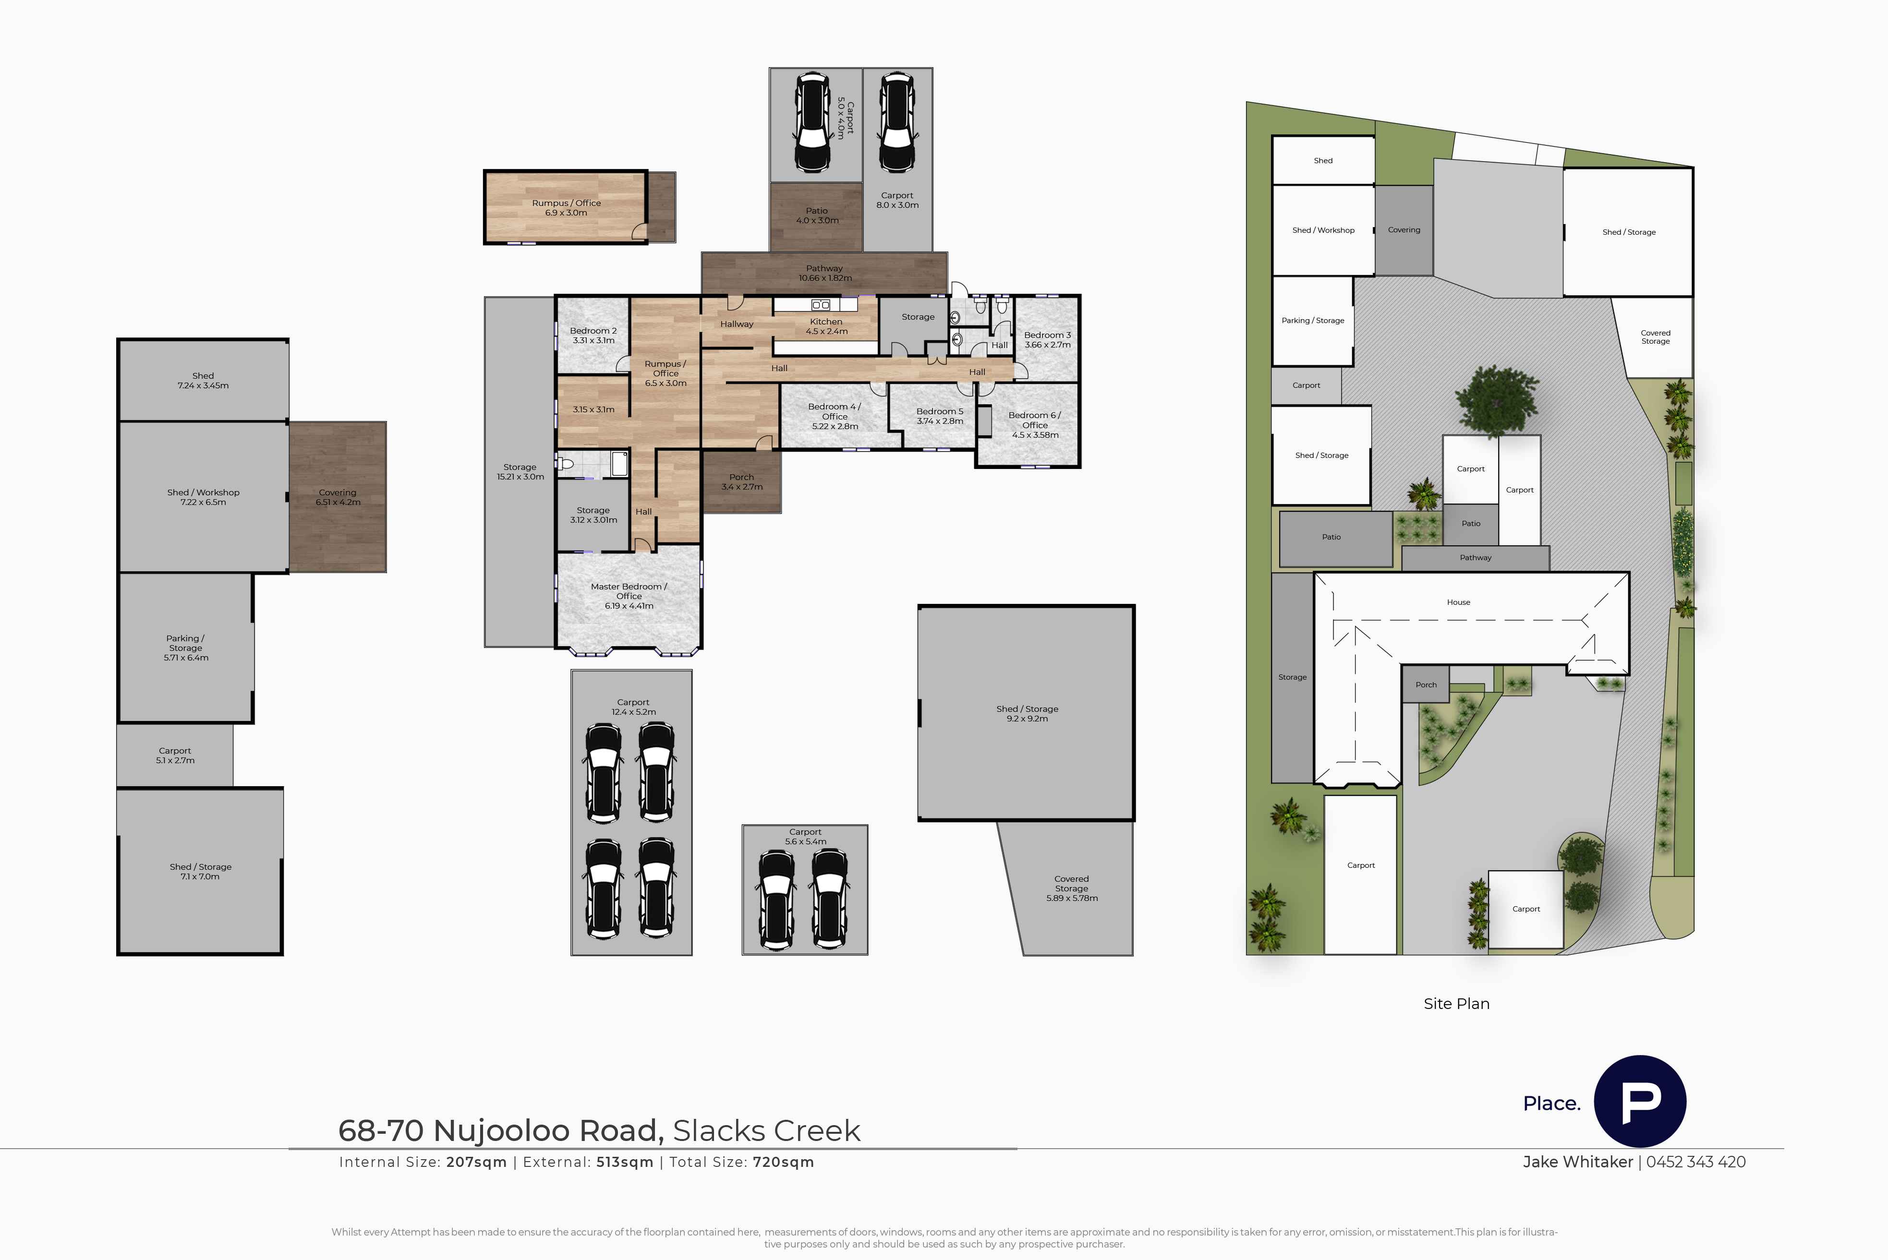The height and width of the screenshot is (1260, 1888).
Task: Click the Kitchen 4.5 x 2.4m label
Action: click(x=826, y=326)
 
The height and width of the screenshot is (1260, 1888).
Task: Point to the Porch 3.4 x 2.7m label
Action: click(x=742, y=482)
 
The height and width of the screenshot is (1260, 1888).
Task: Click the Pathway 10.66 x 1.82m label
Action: click(x=824, y=273)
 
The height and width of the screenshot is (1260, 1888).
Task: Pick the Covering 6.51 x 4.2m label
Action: click(x=338, y=497)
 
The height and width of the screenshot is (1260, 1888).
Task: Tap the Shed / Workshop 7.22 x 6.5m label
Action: click(x=203, y=497)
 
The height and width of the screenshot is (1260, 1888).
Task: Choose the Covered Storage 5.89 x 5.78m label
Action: click(x=1071, y=889)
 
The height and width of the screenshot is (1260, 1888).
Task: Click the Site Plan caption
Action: click(x=1456, y=1004)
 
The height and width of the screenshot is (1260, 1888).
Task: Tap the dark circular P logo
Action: click(x=1640, y=1101)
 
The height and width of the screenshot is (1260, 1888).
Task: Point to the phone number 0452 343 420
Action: click(x=1696, y=1162)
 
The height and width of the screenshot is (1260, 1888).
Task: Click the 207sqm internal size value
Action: click(x=477, y=1162)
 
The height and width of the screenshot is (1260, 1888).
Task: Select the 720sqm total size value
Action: click(x=784, y=1162)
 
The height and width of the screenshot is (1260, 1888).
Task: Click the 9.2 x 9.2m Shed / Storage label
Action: click(x=1027, y=714)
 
